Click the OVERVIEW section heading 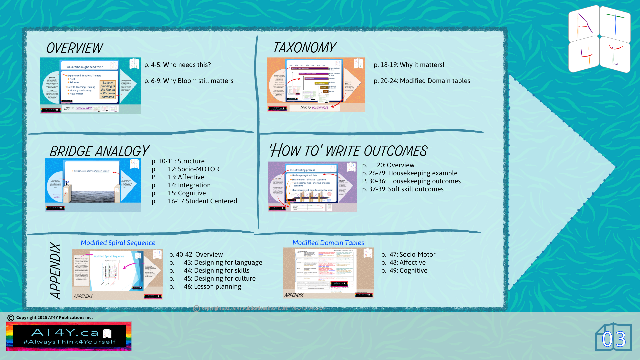[75, 48]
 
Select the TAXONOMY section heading [304, 48]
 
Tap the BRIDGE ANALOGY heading [99, 151]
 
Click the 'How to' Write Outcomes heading [348, 151]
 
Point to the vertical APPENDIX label [55, 270]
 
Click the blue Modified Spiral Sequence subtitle [118, 243]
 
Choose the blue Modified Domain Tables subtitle [328, 243]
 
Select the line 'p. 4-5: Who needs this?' [177, 65]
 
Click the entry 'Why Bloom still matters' [189, 81]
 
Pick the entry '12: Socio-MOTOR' [193, 169]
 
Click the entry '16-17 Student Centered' [202, 201]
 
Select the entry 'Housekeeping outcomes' [414, 181]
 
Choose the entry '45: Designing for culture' [219, 278]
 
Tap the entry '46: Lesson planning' [212, 286]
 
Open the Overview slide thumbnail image [90, 86]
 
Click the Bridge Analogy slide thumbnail [93, 184]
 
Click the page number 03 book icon [613, 338]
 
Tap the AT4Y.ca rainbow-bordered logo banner [69, 336]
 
